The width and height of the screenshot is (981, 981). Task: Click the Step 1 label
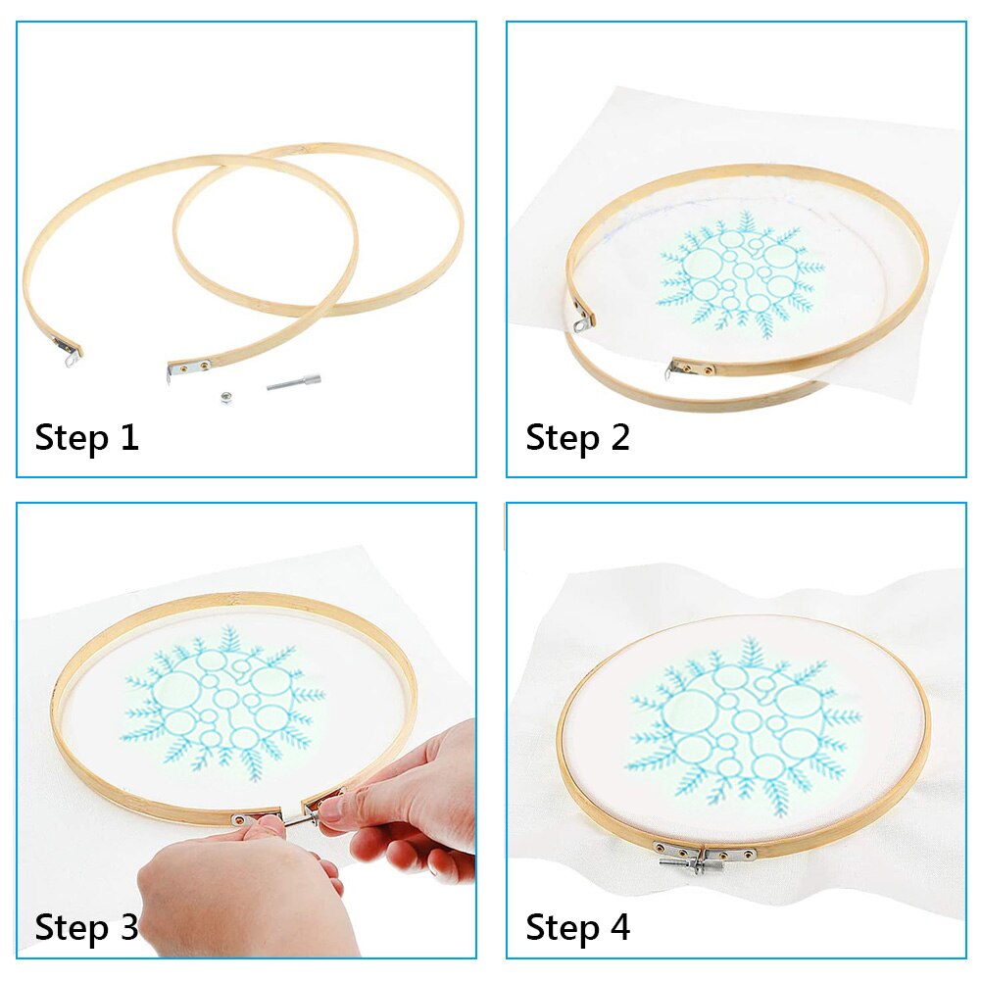pos(87,438)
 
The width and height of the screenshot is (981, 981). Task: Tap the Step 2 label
pos(577,438)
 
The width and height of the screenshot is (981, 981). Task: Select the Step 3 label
pos(87,927)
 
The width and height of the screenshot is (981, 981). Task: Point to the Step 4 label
pos(577,927)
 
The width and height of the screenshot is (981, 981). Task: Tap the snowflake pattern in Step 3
pos(221,700)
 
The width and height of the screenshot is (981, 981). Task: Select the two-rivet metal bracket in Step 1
pos(188,367)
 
